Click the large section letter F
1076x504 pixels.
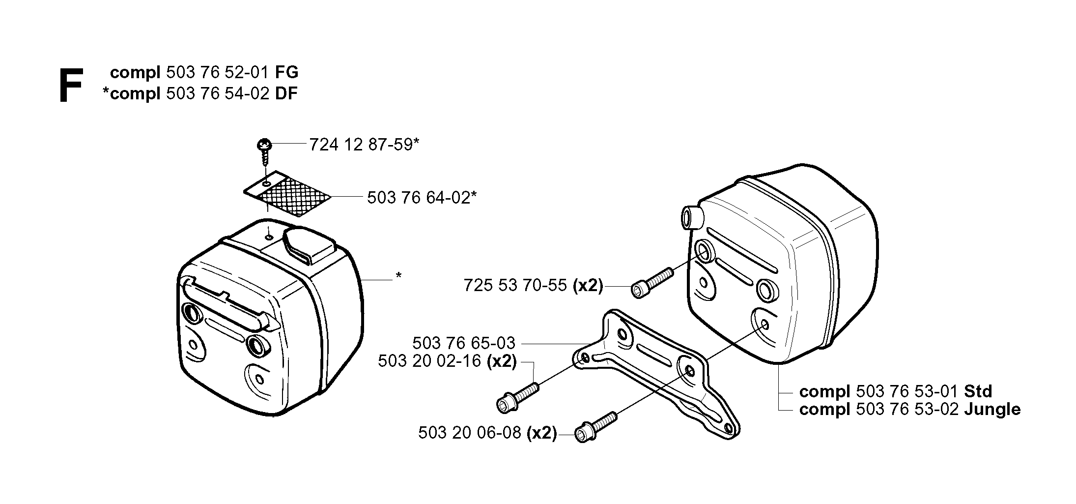(70, 86)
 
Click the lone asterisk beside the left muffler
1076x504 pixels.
(399, 276)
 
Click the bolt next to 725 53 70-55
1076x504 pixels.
(651, 282)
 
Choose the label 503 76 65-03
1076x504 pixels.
(464, 342)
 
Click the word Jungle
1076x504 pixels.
(992, 410)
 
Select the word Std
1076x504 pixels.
(978, 391)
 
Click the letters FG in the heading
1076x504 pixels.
(286, 72)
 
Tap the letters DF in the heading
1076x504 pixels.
(286, 93)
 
